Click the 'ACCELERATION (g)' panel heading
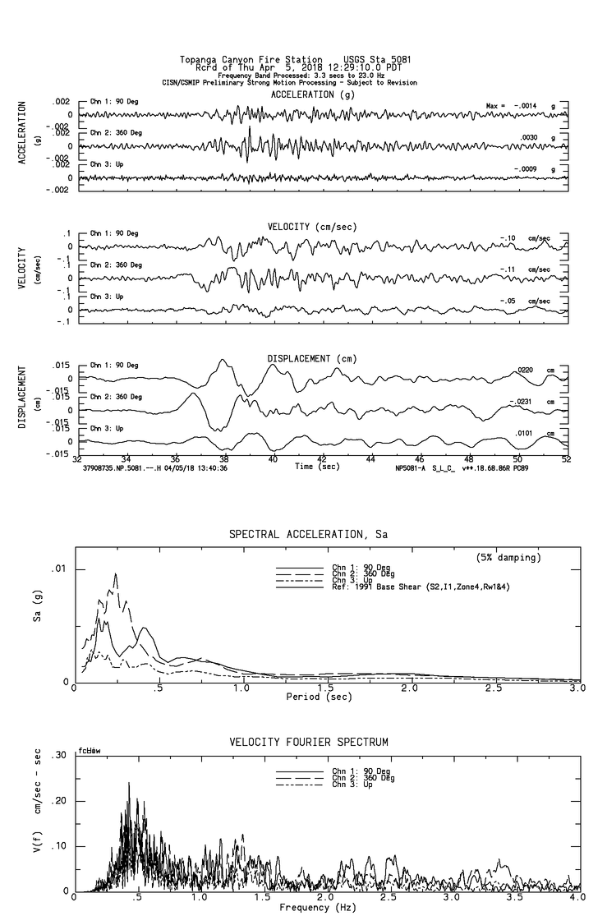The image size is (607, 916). [x=302, y=95]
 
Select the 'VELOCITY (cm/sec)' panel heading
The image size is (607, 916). [x=302, y=226]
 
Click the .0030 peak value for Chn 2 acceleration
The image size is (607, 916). [x=531, y=138]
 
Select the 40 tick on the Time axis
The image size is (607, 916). [x=273, y=461]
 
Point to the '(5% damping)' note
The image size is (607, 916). [x=508, y=558]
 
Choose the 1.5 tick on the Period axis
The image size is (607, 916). [x=326, y=688]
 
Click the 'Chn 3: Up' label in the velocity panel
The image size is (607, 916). [x=107, y=296]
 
